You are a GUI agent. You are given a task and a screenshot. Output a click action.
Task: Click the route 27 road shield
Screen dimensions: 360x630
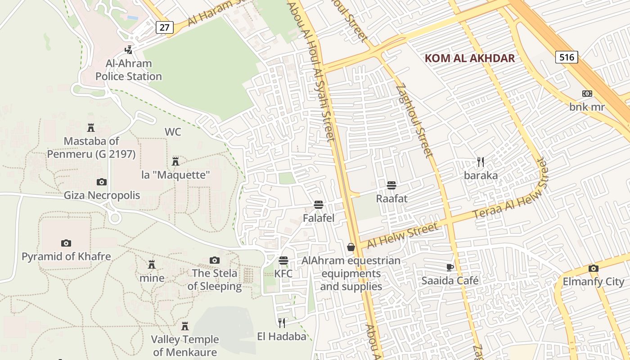click(165, 27)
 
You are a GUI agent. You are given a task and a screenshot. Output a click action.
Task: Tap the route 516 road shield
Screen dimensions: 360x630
click(567, 57)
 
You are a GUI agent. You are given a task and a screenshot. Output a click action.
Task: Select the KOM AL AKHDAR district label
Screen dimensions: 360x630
click(470, 58)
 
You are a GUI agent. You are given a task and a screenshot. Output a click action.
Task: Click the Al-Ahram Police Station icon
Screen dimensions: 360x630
click(129, 49)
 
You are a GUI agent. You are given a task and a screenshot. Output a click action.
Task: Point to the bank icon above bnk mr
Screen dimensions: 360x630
click(587, 94)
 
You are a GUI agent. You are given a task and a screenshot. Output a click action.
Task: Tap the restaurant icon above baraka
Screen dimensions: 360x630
click(481, 162)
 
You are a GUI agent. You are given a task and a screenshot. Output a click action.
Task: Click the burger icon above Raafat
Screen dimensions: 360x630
click(391, 185)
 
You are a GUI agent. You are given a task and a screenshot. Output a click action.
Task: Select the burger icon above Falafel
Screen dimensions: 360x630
click(319, 205)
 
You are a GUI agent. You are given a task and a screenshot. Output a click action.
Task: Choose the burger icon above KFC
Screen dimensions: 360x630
click(283, 261)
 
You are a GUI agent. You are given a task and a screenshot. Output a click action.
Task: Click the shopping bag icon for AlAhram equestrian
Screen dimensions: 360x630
click(351, 247)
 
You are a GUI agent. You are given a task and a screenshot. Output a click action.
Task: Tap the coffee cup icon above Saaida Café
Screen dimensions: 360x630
click(450, 267)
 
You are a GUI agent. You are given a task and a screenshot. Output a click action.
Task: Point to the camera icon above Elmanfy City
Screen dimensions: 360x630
click(593, 269)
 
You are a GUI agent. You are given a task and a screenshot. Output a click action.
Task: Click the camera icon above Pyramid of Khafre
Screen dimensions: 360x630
click(66, 243)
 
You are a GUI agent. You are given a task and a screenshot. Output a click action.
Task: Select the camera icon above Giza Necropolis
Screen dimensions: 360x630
click(102, 182)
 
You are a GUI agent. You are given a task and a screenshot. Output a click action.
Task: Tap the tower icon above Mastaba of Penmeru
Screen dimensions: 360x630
click(91, 128)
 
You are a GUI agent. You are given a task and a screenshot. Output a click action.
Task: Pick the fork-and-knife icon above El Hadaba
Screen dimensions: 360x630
click(282, 323)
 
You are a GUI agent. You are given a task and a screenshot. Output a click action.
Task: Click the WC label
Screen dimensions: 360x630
click(173, 132)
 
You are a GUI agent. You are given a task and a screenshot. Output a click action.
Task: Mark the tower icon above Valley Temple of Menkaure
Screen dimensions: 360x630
click(184, 326)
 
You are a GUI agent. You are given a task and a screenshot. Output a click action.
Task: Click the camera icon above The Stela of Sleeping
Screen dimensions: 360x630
click(215, 260)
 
